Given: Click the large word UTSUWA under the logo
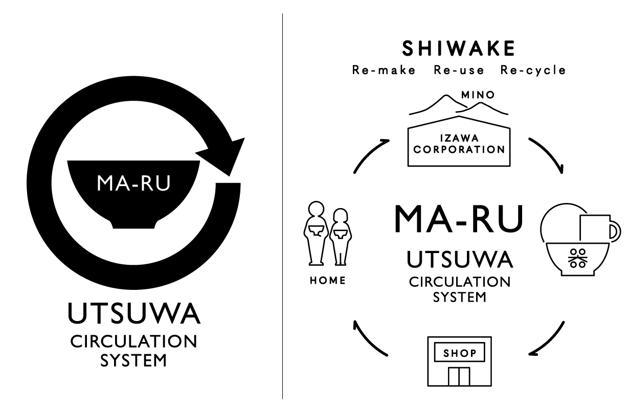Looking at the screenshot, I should click(134, 315).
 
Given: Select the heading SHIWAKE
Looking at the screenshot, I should click(459, 49).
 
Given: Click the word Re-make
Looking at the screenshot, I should click(384, 71).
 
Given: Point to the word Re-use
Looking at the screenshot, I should click(459, 71).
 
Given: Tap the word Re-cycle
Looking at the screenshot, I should click(533, 71).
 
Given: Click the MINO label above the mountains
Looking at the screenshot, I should click(478, 95).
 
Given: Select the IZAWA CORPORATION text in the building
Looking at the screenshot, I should click(459, 144).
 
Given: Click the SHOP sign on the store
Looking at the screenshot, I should click(459, 353).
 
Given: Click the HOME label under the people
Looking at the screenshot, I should click(328, 280).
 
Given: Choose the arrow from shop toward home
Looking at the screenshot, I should click(372, 338).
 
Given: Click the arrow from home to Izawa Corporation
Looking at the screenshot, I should click(369, 156).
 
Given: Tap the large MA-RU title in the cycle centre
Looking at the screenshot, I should click(459, 219).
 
